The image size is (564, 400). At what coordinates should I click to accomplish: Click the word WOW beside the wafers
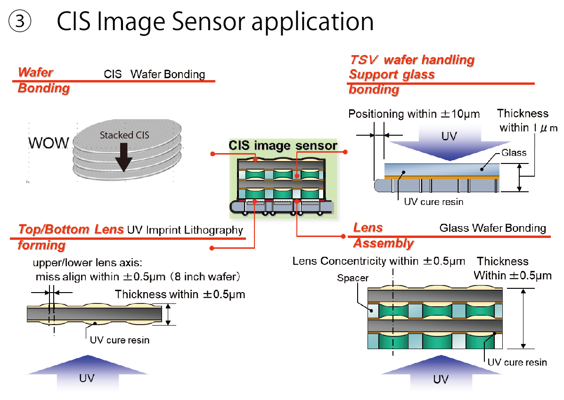tap(48, 143)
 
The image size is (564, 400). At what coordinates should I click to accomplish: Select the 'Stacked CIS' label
tap(124, 135)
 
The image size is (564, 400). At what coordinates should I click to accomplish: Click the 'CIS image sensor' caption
tap(283, 145)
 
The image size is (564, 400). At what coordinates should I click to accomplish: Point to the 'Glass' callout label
tap(514, 153)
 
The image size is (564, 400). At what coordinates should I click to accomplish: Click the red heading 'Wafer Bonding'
tap(43, 80)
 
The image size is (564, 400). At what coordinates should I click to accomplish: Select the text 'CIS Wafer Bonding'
tap(154, 74)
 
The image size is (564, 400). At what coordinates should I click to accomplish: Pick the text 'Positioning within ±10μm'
tap(414, 114)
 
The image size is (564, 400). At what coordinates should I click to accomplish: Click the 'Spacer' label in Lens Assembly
tap(352, 278)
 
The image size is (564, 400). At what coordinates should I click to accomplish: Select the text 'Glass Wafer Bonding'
tap(492, 229)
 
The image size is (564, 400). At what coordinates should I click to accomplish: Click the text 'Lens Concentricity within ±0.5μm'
tap(378, 261)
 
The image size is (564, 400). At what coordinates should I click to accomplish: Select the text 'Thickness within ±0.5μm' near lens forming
tap(180, 295)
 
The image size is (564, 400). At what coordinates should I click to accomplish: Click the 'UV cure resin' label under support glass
tap(433, 202)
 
